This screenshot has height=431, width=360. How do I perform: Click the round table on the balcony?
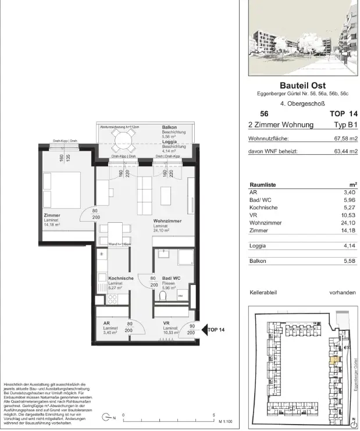click(123, 139)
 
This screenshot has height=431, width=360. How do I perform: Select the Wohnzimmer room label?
click(150, 222)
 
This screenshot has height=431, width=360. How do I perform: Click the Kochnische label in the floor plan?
click(122, 279)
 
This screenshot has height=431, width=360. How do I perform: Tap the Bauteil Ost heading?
click(301, 85)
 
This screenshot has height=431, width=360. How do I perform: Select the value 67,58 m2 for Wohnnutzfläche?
click(341, 139)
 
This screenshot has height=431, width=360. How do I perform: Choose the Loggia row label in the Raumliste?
click(258, 246)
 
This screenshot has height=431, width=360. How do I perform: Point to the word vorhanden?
click(341, 293)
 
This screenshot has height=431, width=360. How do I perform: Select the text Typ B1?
click(343, 125)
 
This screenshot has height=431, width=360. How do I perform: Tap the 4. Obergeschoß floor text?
click(301, 103)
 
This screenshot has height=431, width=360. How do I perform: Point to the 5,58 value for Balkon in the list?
click(348, 261)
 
